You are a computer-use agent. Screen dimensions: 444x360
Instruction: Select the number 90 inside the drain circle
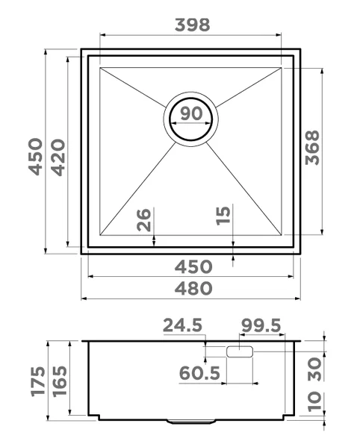tap(191, 114)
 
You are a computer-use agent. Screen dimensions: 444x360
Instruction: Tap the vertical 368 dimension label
tap(312, 151)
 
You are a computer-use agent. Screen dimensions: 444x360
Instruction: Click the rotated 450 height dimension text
tap(35, 154)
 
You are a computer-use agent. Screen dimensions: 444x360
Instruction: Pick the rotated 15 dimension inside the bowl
tap(223, 216)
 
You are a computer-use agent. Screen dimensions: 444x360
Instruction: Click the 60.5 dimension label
tap(200, 372)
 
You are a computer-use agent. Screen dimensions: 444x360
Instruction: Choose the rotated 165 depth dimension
tap(59, 382)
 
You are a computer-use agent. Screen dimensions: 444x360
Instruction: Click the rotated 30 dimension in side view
tap(314, 367)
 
